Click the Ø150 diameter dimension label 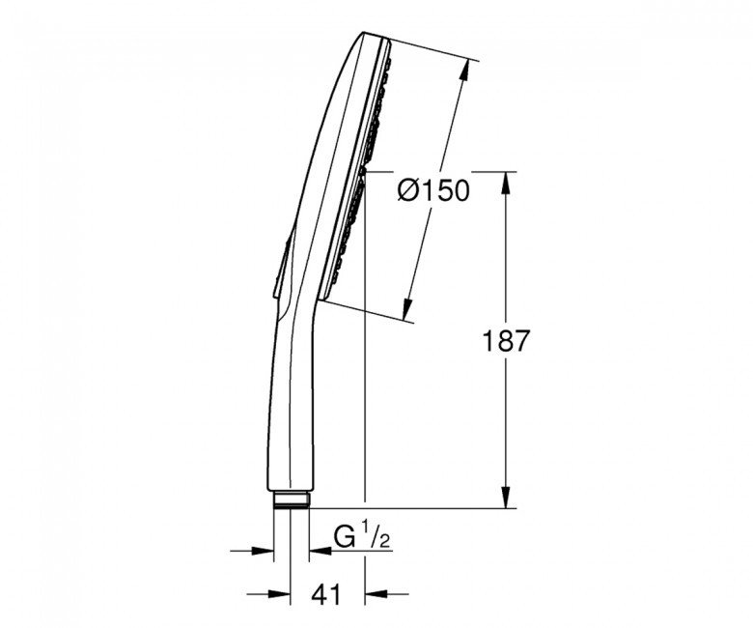(x=432, y=190)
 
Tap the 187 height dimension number (x=506, y=341)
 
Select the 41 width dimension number (x=326, y=594)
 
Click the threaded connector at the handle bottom (x=292, y=500)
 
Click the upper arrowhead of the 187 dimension (x=506, y=183)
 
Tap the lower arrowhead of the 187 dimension (x=506, y=497)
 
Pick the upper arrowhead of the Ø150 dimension (x=464, y=71)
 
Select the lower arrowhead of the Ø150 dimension (x=408, y=309)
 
